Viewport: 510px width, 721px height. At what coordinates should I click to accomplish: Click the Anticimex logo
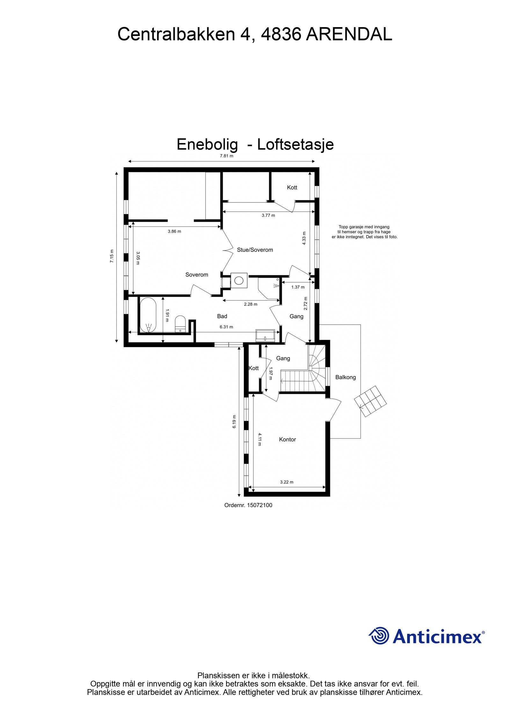[x=426, y=636]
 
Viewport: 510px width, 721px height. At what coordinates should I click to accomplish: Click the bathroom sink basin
[x=265, y=335]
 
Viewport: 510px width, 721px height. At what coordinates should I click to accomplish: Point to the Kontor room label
[x=287, y=439]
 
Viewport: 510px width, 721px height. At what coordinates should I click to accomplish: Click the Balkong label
[x=345, y=377]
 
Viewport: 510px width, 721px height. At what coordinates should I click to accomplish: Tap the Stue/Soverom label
[x=255, y=250]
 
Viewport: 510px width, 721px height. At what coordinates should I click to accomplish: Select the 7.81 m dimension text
[x=226, y=156]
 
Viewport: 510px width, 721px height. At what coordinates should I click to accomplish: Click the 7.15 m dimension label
[x=112, y=256]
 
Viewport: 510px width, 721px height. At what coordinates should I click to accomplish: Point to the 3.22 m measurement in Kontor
[x=287, y=482]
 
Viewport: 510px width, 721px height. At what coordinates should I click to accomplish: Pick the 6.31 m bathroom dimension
[x=226, y=327]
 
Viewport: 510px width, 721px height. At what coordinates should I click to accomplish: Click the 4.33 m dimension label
[x=304, y=238]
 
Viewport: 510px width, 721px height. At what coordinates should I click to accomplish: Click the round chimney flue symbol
[x=238, y=280]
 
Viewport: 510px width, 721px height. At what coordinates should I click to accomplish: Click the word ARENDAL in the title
[x=349, y=34]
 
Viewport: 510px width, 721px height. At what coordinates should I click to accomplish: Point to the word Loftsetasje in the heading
[x=295, y=144]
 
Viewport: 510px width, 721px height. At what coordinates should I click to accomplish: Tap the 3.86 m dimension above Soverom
[x=174, y=231]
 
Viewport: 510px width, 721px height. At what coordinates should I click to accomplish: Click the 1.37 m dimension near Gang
[x=298, y=287]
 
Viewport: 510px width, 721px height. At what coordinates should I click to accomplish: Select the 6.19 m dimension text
[x=234, y=421]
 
